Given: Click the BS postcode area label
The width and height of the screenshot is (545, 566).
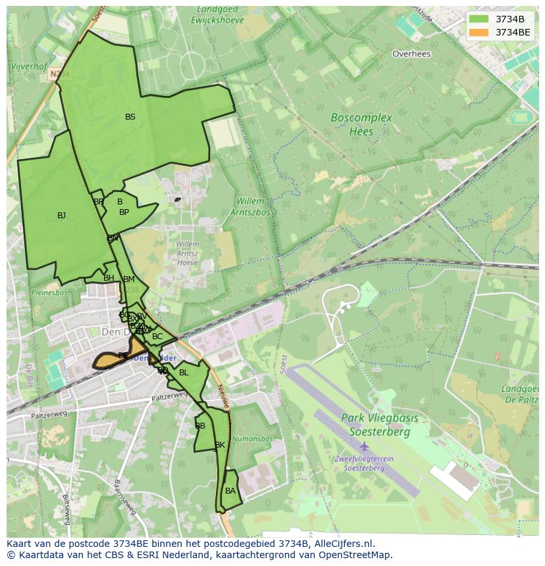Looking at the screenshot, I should pyautogui.click(x=130, y=117).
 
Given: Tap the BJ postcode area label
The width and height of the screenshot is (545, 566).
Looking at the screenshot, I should pyautogui.click(x=61, y=216).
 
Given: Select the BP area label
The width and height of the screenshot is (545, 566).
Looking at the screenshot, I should pyautogui.click(x=124, y=212).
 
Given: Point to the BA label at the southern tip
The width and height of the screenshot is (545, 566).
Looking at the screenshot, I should pyautogui.click(x=230, y=491).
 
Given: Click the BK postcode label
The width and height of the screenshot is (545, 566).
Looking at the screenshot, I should pyautogui.click(x=220, y=445).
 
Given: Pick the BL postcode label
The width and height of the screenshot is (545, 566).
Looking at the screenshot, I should pyautogui.click(x=184, y=373).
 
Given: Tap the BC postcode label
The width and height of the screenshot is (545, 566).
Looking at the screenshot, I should pyautogui.click(x=157, y=337).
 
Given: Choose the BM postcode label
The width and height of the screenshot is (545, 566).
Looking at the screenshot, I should pyautogui.click(x=128, y=279).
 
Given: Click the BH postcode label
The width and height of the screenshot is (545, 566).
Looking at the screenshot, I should pyautogui.click(x=109, y=278).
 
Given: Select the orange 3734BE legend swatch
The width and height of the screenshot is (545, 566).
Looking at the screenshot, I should pyautogui.click(x=479, y=32).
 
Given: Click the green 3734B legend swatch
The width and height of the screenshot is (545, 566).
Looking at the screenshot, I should pyautogui.click(x=479, y=19).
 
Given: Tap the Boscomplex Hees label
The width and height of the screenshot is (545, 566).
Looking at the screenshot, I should pyautogui.click(x=361, y=124).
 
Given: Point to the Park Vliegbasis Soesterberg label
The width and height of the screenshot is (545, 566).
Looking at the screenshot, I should pyautogui.click(x=375, y=425).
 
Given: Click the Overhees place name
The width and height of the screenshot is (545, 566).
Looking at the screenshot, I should pyautogui.click(x=411, y=54).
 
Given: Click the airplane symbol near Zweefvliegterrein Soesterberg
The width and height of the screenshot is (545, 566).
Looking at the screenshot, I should pyautogui.click(x=364, y=448).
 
